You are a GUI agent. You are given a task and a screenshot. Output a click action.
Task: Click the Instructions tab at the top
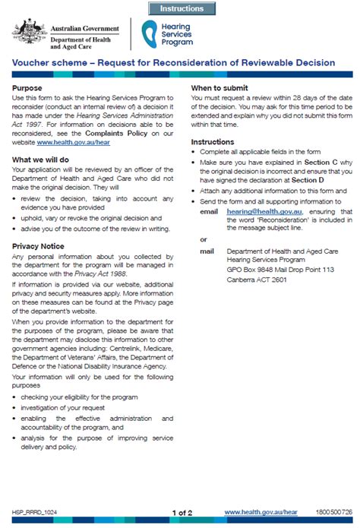(x=182, y=8)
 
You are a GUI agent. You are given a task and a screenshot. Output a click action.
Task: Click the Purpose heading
(x=28, y=88)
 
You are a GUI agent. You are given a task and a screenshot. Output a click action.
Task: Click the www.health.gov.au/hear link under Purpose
(x=68, y=142)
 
